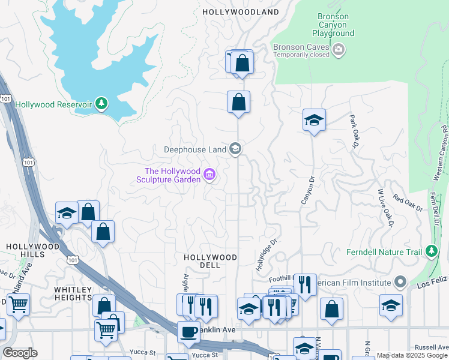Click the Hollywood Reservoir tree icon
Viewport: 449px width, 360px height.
pyautogui.click(x=101, y=104)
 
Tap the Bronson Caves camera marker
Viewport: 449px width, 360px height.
pyautogui.click(x=339, y=49)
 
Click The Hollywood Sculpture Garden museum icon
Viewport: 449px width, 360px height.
pyautogui.click(x=209, y=175)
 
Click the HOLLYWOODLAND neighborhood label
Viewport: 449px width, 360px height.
pyautogui.click(x=241, y=12)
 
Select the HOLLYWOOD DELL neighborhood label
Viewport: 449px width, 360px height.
pyautogui.click(x=210, y=257)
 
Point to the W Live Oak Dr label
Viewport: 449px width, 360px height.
pyautogui.click(x=384, y=208)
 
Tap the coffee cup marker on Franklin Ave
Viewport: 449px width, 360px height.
pyautogui.click(x=188, y=332)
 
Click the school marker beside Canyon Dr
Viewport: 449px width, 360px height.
pyautogui.click(x=314, y=120)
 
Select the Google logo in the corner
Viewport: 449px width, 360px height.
pyautogui.click(x=20, y=353)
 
